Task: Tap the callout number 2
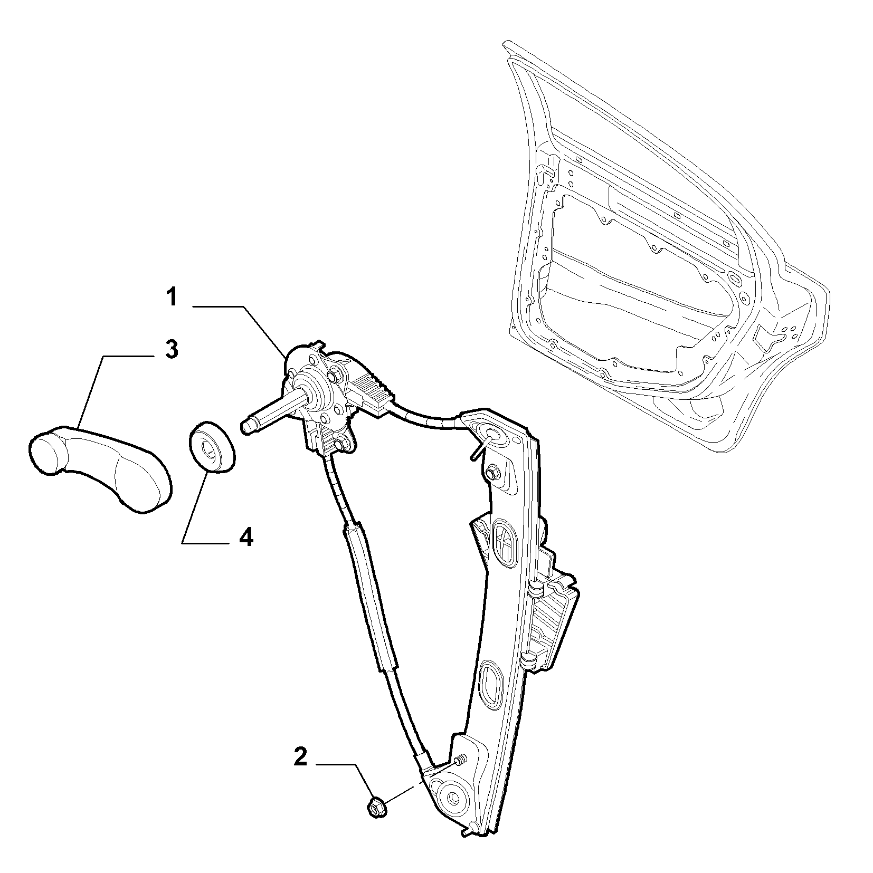[299, 757]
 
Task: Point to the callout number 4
[246, 537]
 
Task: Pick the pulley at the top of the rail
[492, 435]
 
